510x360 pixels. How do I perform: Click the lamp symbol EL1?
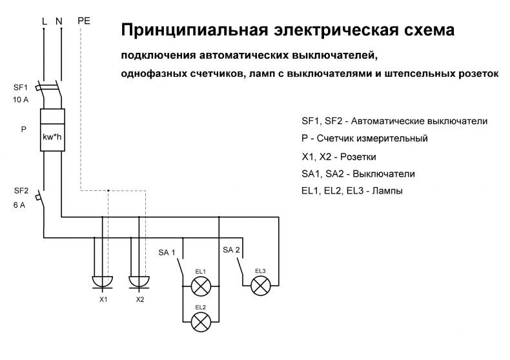201,286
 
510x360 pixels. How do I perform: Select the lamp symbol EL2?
201,322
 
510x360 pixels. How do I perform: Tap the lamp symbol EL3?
261,286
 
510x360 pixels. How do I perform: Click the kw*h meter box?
52,130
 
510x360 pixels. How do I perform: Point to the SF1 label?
21,87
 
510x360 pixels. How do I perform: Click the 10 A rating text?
21,100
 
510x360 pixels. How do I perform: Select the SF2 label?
21,191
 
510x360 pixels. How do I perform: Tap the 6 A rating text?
19,205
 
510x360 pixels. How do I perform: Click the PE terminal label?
84,21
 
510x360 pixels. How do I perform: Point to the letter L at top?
45,21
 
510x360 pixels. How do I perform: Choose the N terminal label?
59,21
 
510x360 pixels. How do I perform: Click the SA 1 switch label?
167,252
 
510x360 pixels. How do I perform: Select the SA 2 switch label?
231,250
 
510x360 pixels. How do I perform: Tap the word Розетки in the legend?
358,157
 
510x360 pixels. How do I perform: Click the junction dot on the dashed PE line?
108,190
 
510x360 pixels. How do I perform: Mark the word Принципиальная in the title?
194,30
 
